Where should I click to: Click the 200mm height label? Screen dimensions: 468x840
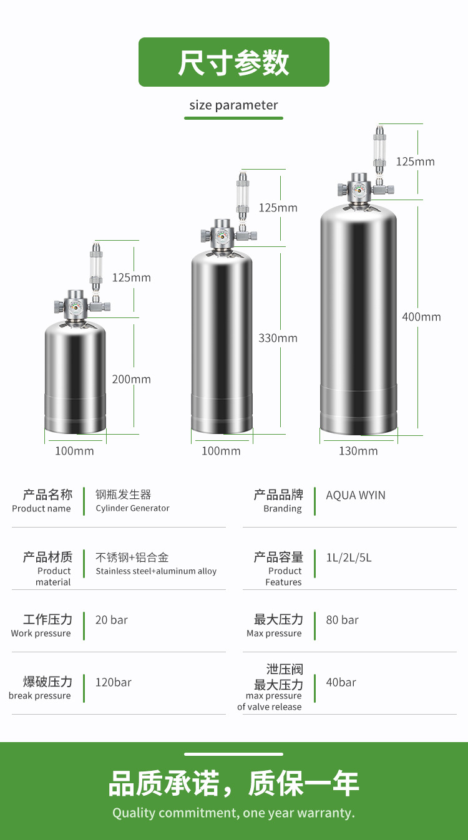[131, 379]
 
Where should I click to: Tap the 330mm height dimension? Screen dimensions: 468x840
[278, 338]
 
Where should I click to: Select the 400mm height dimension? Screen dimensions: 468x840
[421, 317]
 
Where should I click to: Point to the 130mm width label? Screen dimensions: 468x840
[358, 451]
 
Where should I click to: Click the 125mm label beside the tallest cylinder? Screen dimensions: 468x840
[415, 162]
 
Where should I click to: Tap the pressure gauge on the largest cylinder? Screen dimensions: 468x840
[359, 190]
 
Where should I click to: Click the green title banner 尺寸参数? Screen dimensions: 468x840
[233, 62]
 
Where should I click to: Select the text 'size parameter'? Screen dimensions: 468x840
[233, 105]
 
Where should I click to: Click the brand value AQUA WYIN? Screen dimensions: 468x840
[356, 495]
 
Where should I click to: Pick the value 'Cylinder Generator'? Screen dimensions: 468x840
[132, 508]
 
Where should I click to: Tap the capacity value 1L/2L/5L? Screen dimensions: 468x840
[348, 558]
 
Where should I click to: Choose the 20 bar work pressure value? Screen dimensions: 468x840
[111, 620]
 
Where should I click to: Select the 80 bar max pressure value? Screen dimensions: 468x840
[342, 620]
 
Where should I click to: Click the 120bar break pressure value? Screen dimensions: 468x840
[113, 682]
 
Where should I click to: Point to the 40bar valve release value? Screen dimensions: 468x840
[341, 682]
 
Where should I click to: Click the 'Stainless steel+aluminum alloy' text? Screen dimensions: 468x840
[156, 571]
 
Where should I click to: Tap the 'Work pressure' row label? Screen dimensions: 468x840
[41, 634]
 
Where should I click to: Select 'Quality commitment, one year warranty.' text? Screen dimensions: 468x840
[233, 813]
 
